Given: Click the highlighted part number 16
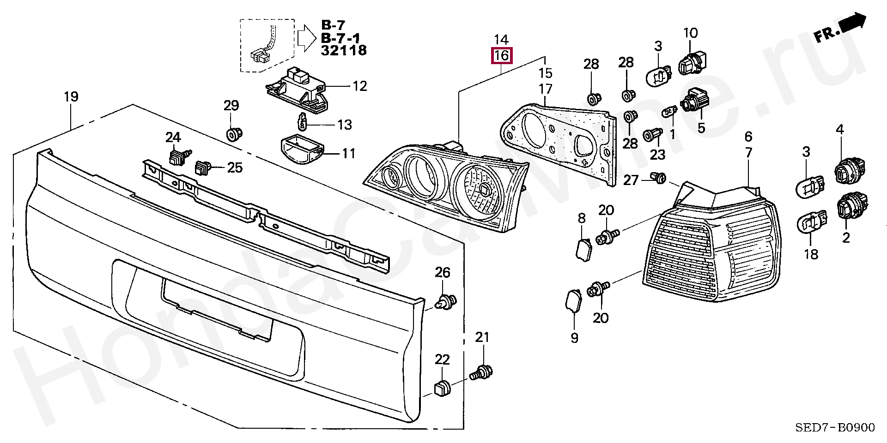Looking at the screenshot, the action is (x=501, y=56).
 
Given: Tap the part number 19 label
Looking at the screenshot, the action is (x=71, y=97).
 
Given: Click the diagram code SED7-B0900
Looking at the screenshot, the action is (x=835, y=428).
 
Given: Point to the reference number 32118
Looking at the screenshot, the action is (x=344, y=50).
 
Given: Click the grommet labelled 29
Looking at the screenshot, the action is (x=233, y=134).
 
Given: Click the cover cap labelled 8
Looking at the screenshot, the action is (x=583, y=249).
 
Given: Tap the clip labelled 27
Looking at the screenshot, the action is (x=658, y=177).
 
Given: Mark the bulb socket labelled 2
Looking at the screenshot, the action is (x=853, y=207).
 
